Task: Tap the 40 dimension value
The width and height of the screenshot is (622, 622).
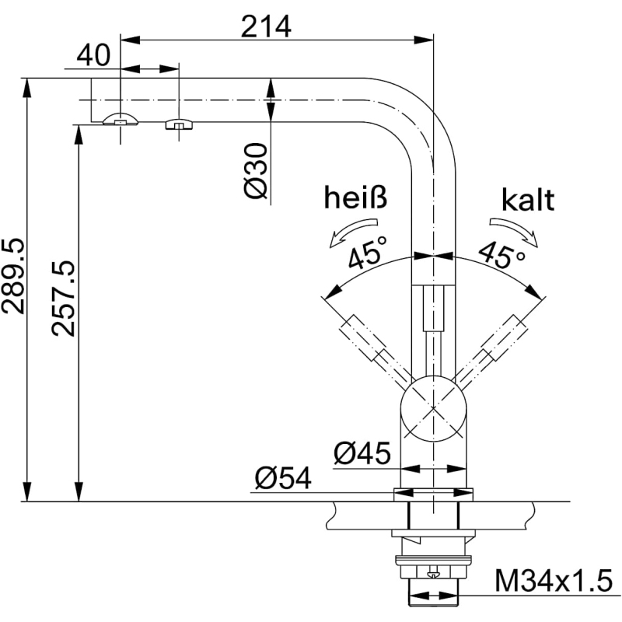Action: [x=92, y=56]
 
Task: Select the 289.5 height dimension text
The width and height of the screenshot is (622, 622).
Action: [x=13, y=276]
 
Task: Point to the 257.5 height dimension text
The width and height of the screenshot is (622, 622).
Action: [x=65, y=299]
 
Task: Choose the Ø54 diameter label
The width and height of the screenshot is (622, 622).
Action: [x=281, y=479]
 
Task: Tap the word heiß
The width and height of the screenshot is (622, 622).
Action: [x=355, y=200]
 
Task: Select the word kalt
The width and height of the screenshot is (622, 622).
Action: [x=528, y=201]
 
